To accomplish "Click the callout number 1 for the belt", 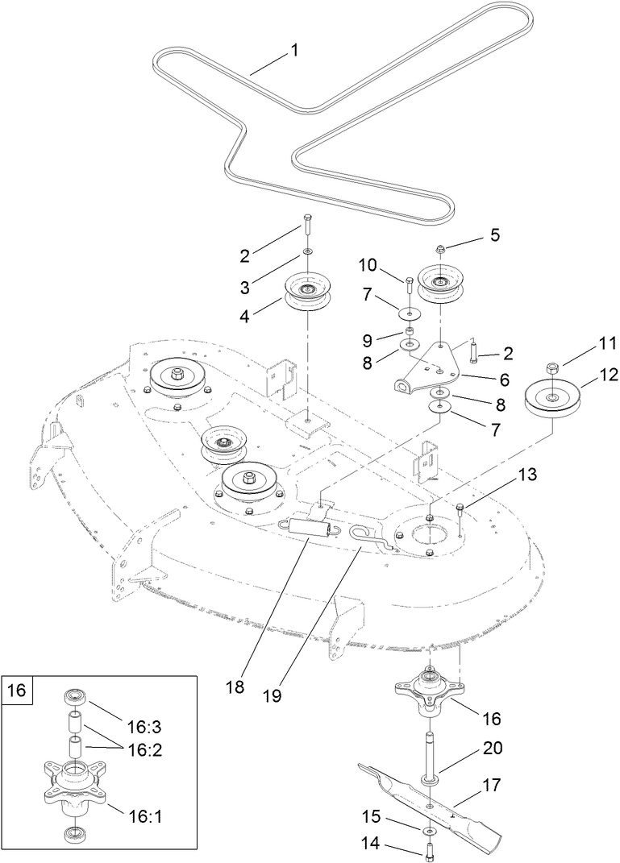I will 294,51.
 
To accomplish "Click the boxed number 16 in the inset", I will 17,690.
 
